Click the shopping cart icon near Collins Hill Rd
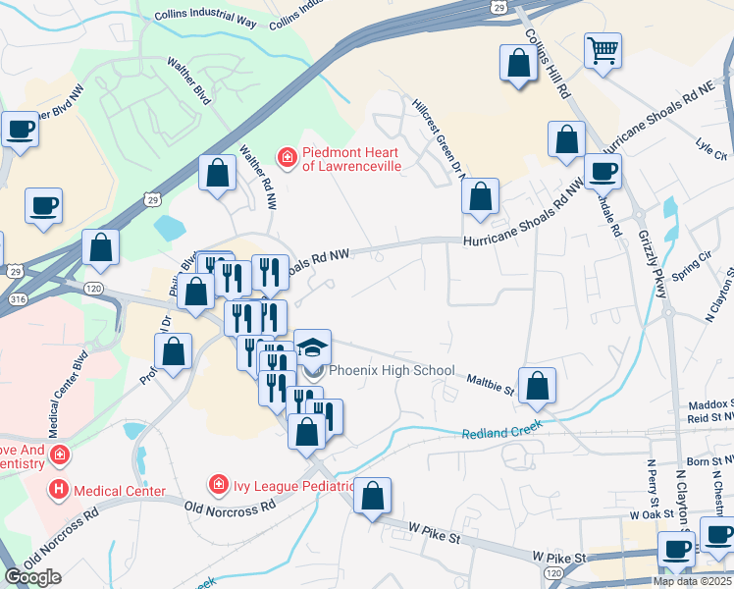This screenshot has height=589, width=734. point(603,50)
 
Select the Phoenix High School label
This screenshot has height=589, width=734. point(392,371)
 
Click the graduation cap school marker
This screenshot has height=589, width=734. point(313,349)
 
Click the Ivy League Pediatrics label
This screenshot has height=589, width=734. point(291,485)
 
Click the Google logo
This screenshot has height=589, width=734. point(32,577)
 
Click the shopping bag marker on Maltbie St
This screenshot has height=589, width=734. point(537,387)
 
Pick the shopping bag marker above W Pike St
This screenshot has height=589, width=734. point(372,497)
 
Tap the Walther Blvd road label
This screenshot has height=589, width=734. point(189,80)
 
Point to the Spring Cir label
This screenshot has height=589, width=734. point(691,262)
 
